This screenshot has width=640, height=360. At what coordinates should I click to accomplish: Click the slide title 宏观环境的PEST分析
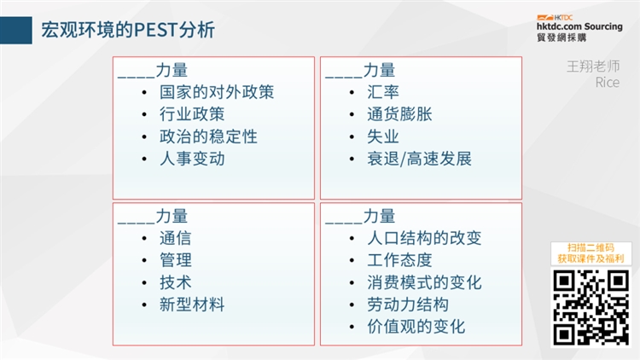128,31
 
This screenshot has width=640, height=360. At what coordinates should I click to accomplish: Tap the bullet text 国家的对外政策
218,92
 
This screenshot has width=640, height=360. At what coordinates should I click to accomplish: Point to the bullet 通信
176,239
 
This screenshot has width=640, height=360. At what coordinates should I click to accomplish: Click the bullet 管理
176,260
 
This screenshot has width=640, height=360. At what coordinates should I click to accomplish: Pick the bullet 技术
176,282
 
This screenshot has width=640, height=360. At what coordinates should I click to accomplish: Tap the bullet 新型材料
192,305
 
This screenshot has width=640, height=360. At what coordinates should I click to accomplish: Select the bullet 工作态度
400,260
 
